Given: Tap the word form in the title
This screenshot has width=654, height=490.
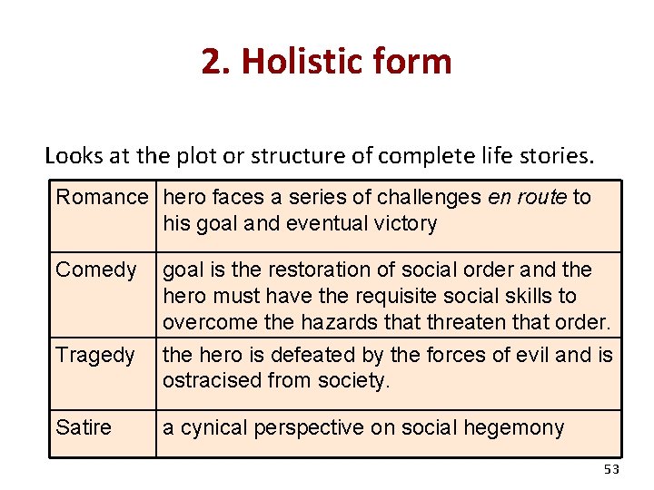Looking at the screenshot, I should (x=417, y=62).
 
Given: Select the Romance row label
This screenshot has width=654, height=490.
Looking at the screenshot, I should (x=102, y=197).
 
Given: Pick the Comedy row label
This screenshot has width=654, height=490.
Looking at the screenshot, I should (x=96, y=269).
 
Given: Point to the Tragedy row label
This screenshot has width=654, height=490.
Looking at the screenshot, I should (x=95, y=355).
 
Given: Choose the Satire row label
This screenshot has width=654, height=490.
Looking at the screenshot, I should (x=83, y=427).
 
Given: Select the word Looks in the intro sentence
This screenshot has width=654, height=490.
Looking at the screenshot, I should (x=74, y=155).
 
